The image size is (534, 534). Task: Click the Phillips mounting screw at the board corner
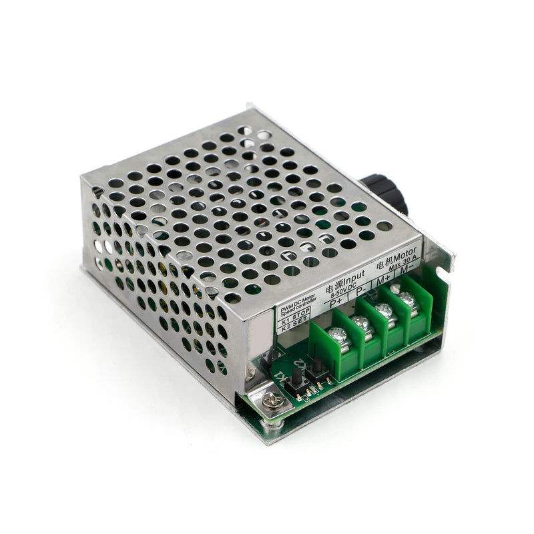[272, 400]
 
